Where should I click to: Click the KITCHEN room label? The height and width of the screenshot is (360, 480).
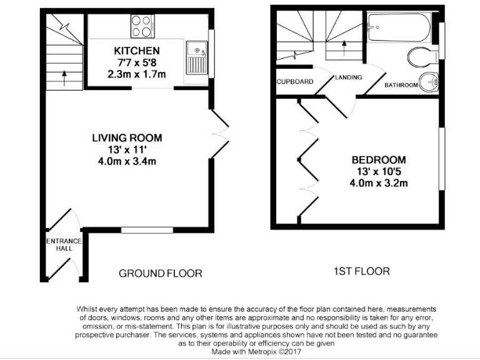(x=136, y=51)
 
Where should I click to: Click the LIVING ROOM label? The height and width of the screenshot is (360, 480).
(x=127, y=138)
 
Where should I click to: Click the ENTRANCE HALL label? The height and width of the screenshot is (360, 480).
(x=63, y=244)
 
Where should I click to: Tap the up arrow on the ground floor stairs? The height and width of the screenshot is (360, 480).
(x=64, y=77)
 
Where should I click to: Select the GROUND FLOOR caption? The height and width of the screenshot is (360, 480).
(x=161, y=273)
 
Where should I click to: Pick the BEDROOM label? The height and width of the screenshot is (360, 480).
(x=378, y=160)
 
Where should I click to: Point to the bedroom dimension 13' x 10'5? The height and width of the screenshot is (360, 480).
(x=378, y=171)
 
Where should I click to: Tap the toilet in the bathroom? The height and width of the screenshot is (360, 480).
(x=422, y=57)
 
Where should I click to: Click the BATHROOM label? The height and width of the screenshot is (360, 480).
(x=401, y=85)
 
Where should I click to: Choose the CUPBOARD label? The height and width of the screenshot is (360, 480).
(x=294, y=82)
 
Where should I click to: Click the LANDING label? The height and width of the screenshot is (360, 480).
(x=347, y=77)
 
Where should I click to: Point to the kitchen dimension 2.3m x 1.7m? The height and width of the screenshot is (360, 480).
(x=136, y=74)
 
